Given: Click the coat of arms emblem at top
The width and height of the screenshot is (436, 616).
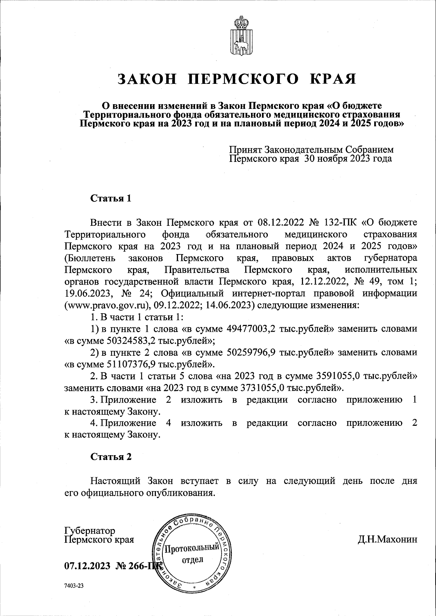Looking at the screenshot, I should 240,35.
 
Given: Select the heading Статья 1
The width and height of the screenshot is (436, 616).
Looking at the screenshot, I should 110,199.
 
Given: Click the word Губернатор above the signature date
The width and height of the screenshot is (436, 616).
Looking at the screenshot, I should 90,530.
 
